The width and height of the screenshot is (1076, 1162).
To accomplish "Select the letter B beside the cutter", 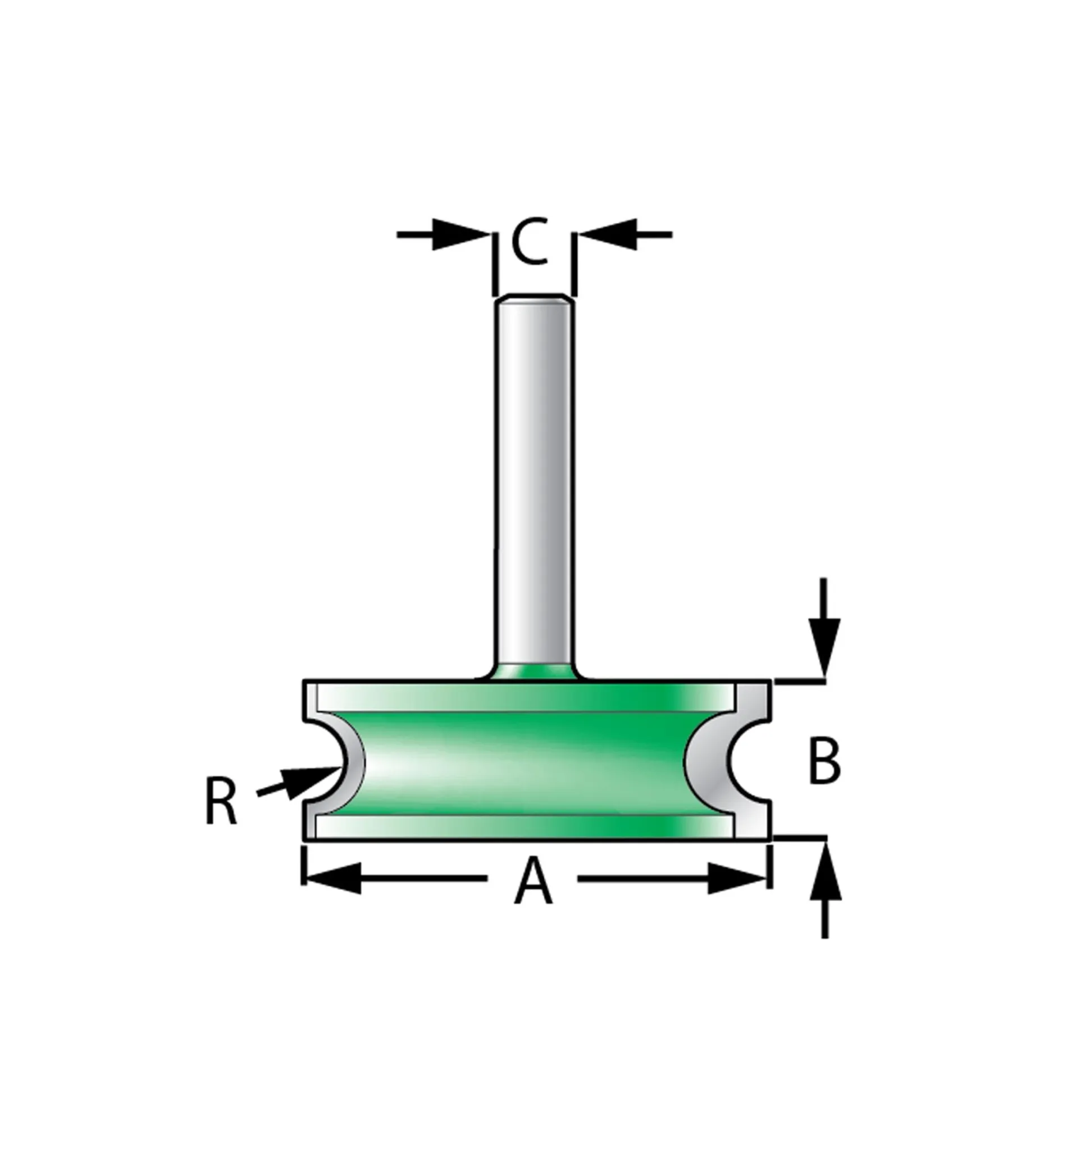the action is [x=824, y=761].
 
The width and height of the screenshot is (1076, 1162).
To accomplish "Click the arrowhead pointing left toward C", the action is [x=608, y=235].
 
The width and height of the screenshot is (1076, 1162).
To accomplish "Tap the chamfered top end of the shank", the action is [x=534, y=298].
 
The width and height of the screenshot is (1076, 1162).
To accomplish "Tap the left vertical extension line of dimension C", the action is [x=495, y=264].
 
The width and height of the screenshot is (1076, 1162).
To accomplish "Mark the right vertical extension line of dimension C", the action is [x=574, y=264].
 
